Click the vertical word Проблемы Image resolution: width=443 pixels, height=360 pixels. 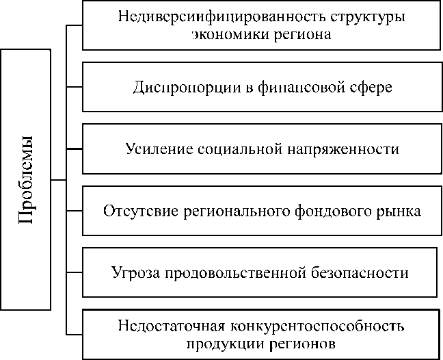click(26, 179)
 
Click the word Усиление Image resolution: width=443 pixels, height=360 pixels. click(157, 149)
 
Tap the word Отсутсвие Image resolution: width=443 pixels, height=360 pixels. click(140, 210)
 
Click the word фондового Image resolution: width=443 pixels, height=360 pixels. click(325, 210)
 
